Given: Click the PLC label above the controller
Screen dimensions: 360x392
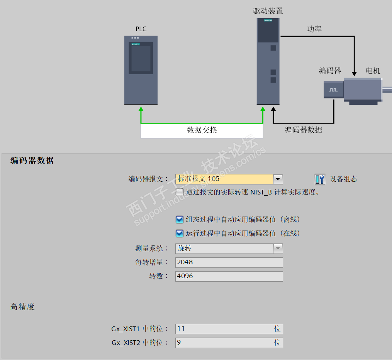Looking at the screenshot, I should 141,29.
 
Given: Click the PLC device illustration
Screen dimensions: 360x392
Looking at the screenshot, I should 141,70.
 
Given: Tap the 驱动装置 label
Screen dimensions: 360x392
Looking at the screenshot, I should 268,11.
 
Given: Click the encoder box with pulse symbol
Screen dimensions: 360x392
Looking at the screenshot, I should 333,90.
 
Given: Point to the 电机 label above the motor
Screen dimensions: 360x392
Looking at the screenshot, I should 373,71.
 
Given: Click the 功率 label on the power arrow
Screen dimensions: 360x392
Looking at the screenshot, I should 314,29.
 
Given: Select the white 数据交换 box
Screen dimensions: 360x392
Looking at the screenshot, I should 202,130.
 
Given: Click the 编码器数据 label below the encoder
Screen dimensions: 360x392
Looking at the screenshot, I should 303,130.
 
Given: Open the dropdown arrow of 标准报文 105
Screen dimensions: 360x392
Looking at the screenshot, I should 278,179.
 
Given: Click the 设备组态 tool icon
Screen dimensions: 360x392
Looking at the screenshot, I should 319,179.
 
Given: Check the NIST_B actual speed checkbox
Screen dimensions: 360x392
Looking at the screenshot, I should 180,192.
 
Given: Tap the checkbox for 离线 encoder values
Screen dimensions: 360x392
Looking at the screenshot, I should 180,220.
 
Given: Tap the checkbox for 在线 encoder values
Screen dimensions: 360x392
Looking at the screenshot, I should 180,233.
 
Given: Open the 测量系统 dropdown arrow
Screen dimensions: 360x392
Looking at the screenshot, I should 278,248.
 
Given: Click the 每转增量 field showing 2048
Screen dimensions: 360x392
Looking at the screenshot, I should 229,262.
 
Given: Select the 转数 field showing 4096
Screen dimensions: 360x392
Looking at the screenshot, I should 229,276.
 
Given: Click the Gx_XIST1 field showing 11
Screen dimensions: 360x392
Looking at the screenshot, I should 229,329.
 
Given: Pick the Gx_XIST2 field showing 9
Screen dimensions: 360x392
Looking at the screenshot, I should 229,343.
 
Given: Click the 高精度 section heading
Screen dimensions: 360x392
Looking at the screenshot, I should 22,307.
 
